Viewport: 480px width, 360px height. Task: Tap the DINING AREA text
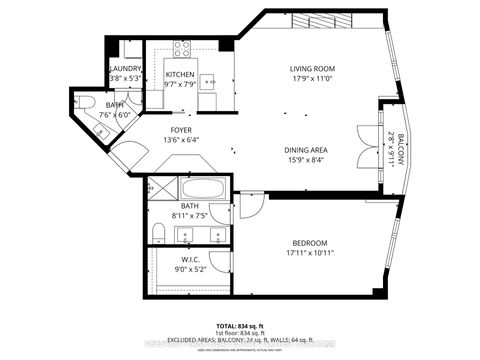[305, 150]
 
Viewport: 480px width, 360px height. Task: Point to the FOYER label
[181, 129]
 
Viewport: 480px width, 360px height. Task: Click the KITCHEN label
[180, 75]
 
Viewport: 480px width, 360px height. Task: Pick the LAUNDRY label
[126, 68]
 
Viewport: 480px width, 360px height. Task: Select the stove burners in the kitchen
[183, 47]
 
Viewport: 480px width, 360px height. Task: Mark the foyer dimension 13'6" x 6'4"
[181, 139]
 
